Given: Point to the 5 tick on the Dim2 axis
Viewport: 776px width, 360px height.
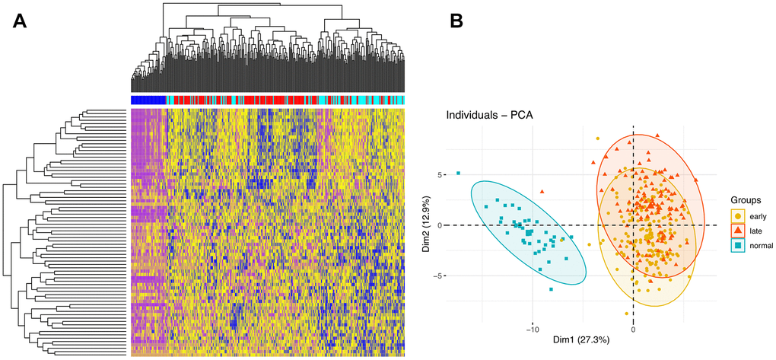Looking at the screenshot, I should tap(438, 174).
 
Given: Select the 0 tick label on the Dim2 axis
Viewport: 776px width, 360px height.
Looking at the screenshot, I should tap(438, 225).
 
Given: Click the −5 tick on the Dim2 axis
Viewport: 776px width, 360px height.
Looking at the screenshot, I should tap(437, 276).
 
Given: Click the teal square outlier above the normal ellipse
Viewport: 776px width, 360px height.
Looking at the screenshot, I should tap(458, 174).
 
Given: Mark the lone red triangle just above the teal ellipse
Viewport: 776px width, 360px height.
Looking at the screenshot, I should tap(542, 192).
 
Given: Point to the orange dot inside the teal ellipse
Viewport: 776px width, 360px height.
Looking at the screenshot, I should tap(563, 240).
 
